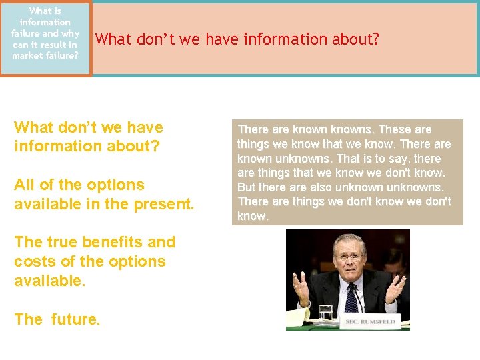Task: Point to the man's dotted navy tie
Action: point(351,297)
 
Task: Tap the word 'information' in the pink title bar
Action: point(277,40)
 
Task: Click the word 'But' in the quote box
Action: point(247,187)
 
